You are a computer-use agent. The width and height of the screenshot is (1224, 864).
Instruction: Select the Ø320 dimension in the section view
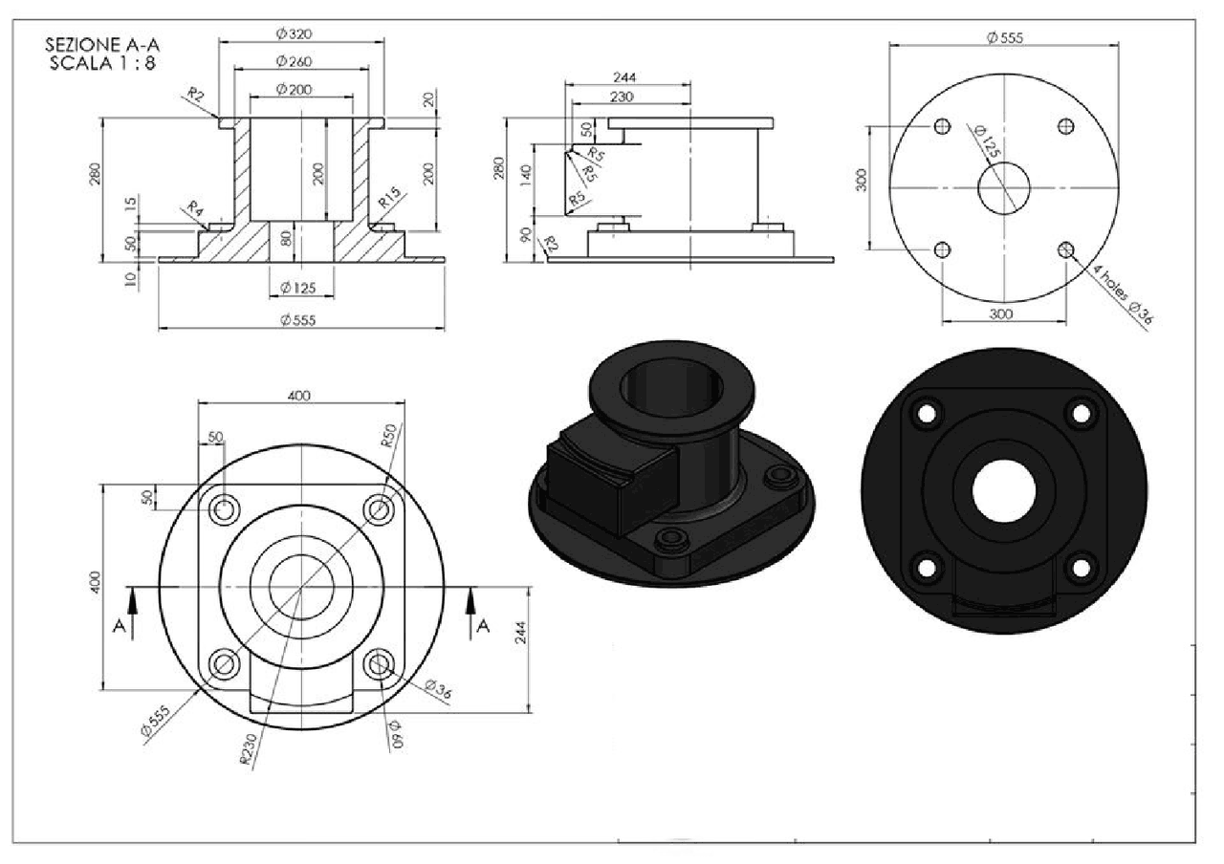pyautogui.click(x=295, y=33)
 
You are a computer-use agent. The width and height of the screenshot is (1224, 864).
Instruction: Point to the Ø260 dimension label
pyautogui.click(x=295, y=61)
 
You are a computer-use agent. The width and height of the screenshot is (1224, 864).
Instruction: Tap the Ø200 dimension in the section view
pyautogui.click(x=295, y=89)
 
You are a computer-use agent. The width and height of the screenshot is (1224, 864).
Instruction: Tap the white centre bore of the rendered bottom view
pyautogui.click(x=1003, y=490)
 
